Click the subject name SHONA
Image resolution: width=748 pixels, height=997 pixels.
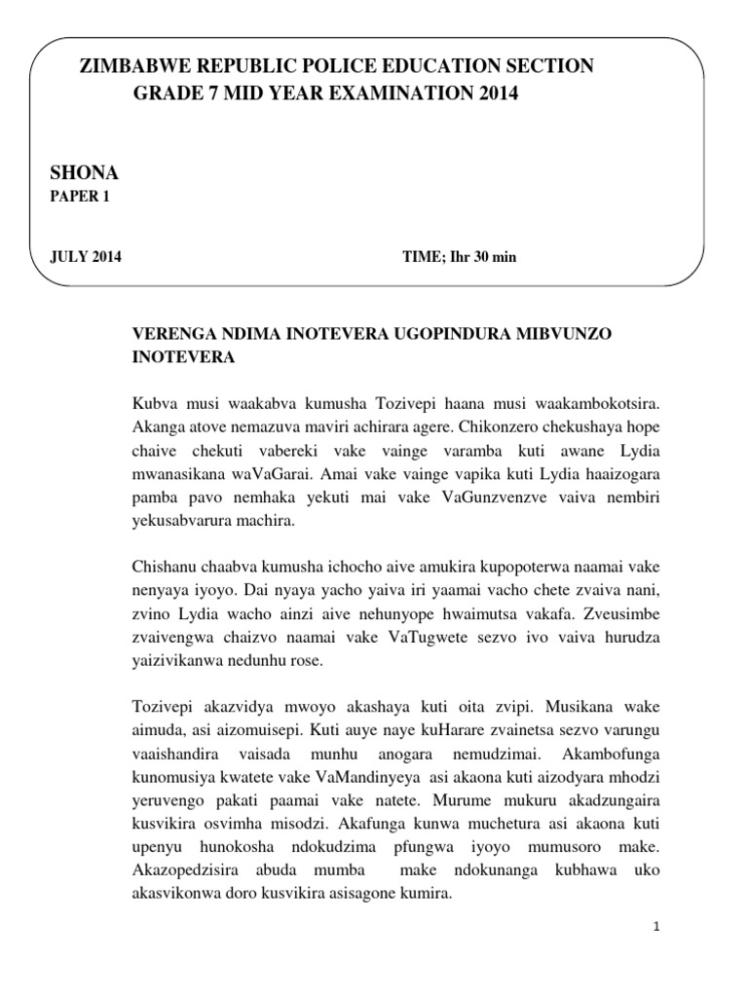[x=84, y=172]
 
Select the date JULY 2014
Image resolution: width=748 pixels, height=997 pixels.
[x=86, y=257]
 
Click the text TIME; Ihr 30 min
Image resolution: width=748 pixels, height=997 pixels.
[x=460, y=257]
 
